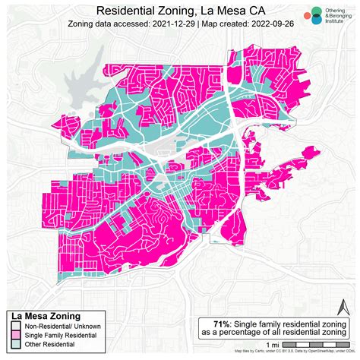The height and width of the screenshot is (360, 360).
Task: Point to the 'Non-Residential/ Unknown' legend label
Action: coord(64,327)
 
